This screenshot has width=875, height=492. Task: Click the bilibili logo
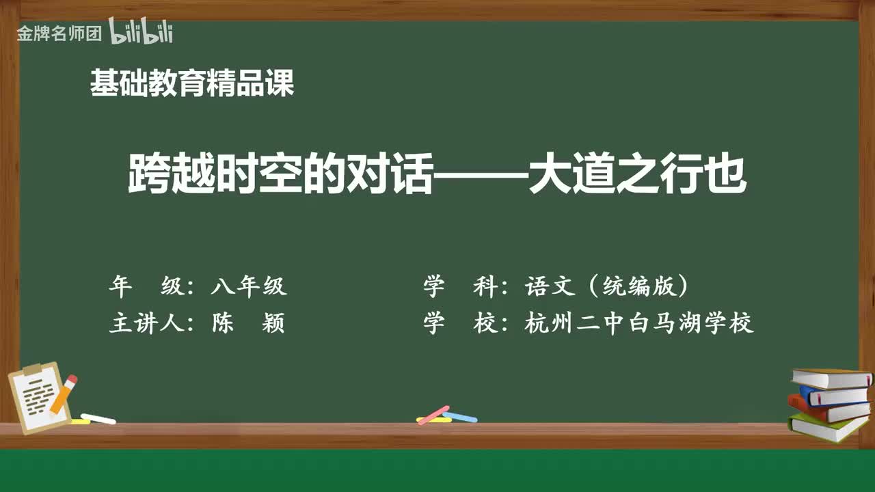click(x=141, y=31)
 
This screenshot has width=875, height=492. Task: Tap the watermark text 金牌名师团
click(x=59, y=33)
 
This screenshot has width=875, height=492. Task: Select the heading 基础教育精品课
click(x=192, y=83)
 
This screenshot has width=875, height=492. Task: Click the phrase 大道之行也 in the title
click(x=638, y=173)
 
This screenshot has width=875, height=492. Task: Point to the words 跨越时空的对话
click(x=280, y=173)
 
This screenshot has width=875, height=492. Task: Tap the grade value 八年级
click(x=250, y=286)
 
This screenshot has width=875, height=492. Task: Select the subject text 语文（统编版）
click(x=606, y=286)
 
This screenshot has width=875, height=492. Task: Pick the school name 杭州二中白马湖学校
click(x=639, y=323)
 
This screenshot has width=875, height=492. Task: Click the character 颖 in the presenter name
click(x=273, y=323)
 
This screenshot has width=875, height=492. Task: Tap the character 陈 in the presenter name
click(x=223, y=323)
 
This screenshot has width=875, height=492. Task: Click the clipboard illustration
click(x=38, y=398)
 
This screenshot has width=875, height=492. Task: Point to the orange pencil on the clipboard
click(x=64, y=394)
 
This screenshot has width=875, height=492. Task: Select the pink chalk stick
click(x=433, y=415)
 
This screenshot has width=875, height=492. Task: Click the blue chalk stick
click(x=460, y=417)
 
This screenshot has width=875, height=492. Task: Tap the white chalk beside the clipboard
click(x=98, y=419)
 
